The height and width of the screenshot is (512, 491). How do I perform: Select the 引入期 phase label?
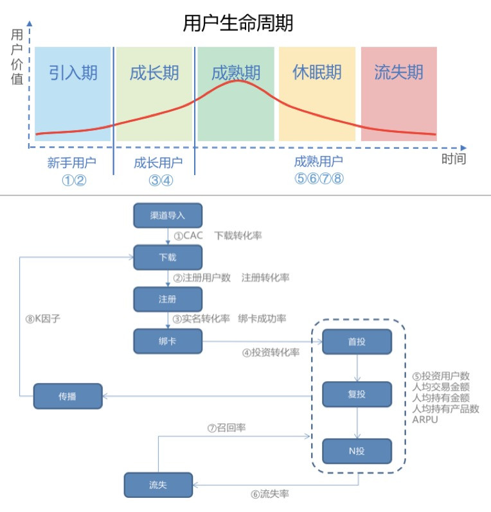pyautogui.click(x=73, y=72)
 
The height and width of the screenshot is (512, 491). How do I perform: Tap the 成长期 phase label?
pyautogui.click(x=154, y=72)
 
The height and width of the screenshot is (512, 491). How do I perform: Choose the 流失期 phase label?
pyautogui.click(x=398, y=72)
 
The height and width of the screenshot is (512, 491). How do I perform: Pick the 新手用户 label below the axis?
pyautogui.click(x=71, y=162)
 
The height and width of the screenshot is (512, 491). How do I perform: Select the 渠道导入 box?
pyautogui.click(x=168, y=216)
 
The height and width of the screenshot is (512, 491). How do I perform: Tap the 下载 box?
pyautogui.click(x=168, y=257)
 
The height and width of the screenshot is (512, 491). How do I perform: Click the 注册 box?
pyautogui.click(x=168, y=299)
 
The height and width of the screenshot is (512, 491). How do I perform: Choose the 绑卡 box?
pyautogui.click(x=168, y=341)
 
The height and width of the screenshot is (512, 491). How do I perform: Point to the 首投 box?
pyautogui.click(x=357, y=341)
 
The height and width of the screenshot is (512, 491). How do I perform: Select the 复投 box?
pyautogui.click(x=357, y=395)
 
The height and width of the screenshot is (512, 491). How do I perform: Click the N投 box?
pyautogui.click(x=357, y=451)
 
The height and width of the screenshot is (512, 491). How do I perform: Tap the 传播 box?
pyautogui.click(x=67, y=396)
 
